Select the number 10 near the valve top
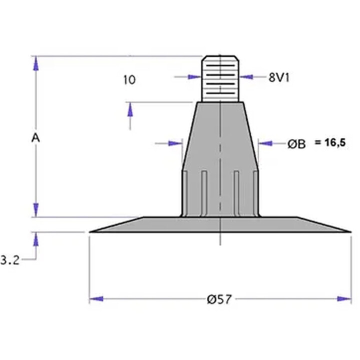click(x=129, y=79)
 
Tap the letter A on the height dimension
click(x=35, y=138)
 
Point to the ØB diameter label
click(x=296, y=144)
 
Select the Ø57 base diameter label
click(x=219, y=299)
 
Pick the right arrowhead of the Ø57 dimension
click(x=344, y=299)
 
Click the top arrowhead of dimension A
click(x=35, y=63)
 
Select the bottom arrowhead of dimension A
click(x=35, y=210)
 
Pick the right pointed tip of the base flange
click(x=349, y=231)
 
